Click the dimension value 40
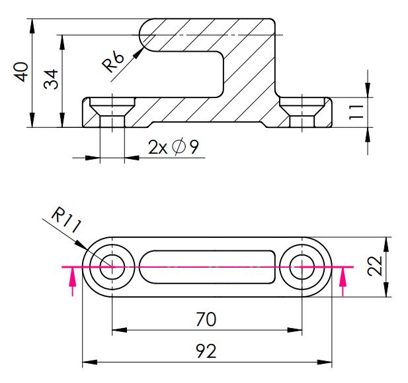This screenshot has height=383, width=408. (x=22, y=72)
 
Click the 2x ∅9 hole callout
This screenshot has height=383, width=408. (x=173, y=147)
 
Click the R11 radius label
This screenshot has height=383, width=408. (x=65, y=219)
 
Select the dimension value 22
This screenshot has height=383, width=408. (x=375, y=266)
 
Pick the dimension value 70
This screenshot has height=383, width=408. (x=207, y=319)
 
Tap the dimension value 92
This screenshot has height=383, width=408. (x=207, y=352)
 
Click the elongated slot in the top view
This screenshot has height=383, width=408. (x=207, y=266)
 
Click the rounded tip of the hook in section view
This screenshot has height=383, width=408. (x=143, y=34)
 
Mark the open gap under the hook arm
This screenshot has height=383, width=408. (x=185, y=73)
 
